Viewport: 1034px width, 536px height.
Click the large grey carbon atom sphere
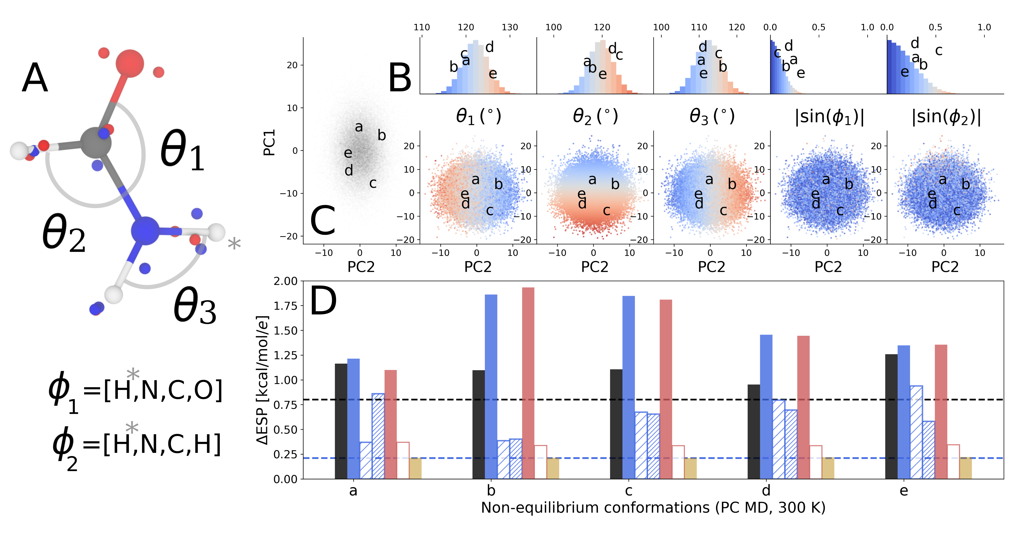click(x=95, y=142)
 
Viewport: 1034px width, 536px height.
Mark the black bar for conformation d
click(x=754, y=431)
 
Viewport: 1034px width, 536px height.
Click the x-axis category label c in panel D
click(x=629, y=490)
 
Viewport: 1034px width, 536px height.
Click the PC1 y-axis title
click(x=269, y=142)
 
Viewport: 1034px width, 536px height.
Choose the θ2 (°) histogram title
click(x=595, y=116)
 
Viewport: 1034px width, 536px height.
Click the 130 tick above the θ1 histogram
click(x=510, y=27)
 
